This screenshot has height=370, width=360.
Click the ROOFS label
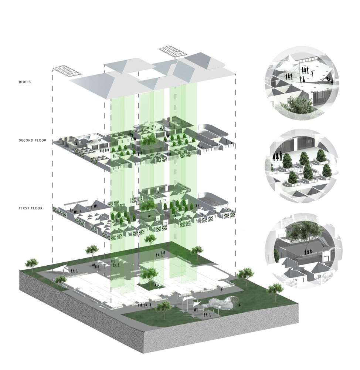[x=25, y=82]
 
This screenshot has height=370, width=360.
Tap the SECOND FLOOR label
[x=33, y=140]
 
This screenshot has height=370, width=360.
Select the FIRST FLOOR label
[x=31, y=208]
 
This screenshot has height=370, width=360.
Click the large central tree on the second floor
[x=149, y=140]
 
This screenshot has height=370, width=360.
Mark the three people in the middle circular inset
[x=278, y=156]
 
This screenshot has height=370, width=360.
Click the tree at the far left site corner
[x=31, y=263]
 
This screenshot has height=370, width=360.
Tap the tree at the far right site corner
[x=275, y=290]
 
